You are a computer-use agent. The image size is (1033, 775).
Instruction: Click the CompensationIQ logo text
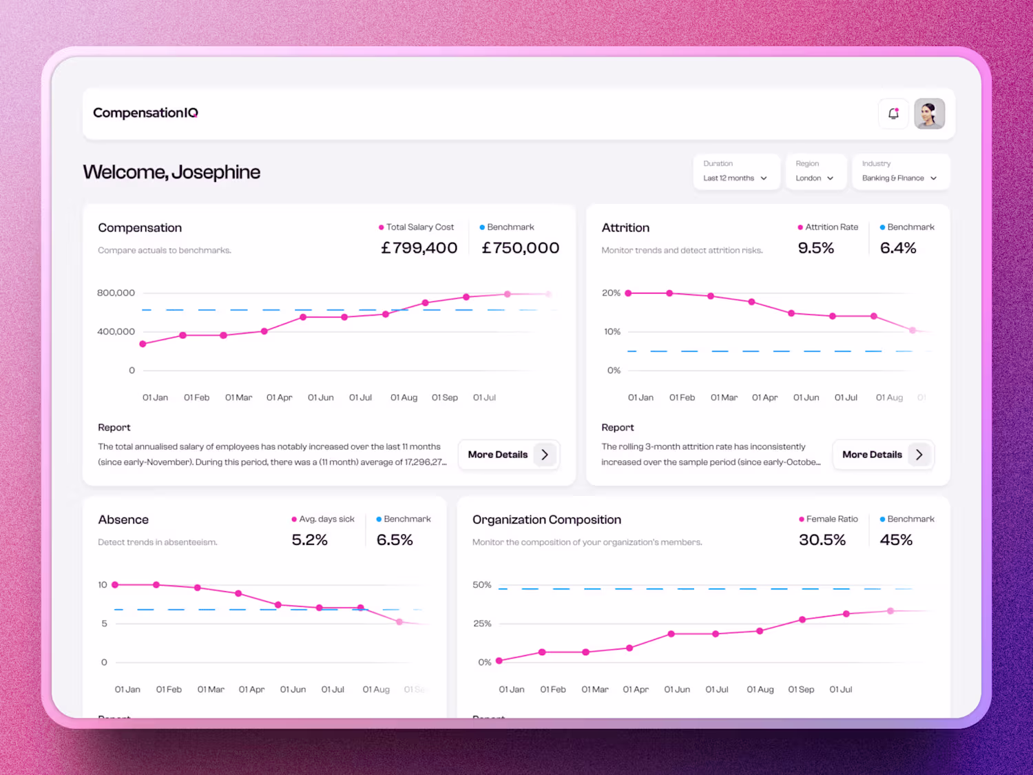[145, 113]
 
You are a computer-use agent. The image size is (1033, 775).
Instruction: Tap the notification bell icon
[893, 114]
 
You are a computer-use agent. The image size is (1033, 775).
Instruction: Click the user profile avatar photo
[929, 114]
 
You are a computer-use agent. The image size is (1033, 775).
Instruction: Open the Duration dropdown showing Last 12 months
[735, 172]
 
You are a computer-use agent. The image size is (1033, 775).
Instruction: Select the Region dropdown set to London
[815, 172]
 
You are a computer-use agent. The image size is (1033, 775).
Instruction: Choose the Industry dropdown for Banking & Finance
[900, 172]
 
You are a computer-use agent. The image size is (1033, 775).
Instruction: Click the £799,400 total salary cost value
[419, 248]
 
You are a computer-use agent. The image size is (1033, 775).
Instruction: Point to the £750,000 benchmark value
[520, 248]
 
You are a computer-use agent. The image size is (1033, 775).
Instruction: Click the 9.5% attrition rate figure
[815, 248]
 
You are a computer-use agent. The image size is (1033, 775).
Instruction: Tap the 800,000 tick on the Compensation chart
[116, 293]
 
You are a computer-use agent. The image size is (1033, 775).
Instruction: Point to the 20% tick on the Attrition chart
[611, 293]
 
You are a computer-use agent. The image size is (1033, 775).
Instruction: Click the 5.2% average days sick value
[309, 540]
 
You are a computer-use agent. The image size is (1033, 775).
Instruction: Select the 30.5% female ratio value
[822, 540]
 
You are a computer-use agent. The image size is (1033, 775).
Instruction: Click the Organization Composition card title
[546, 520]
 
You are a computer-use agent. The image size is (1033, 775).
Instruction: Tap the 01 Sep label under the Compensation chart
[444, 397]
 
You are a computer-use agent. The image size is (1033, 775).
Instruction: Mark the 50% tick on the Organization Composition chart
[481, 585]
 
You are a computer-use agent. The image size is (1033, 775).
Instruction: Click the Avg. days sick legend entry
[323, 519]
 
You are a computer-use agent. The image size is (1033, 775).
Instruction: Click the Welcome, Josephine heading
[171, 172]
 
